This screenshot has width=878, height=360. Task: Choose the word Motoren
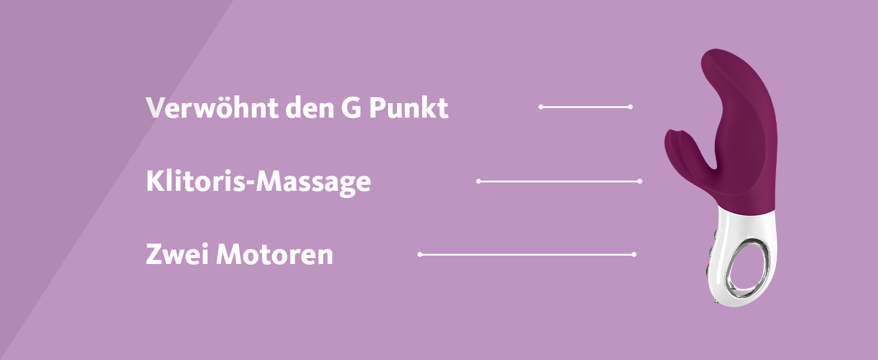tap(275, 255)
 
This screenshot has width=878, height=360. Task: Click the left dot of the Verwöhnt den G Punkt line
tap(541, 107)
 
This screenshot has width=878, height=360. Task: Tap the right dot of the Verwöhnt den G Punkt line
tap(630, 107)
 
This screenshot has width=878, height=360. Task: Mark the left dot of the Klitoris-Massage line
tap(479, 181)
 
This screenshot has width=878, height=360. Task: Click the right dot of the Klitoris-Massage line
tap(640, 181)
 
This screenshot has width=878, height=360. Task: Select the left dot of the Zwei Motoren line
tap(420, 254)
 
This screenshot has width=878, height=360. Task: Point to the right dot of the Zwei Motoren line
tap(634, 254)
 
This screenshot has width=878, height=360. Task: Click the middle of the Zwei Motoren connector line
tap(527, 254)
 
